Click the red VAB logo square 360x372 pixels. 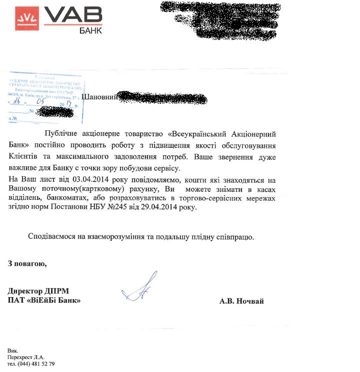pyautogui.click(x=26, y=18)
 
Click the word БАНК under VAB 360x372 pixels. pyautogui.click(x=90, y=30)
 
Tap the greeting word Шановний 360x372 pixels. pyautogui.click(x=99, y=97)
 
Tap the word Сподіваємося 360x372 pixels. pyautogui.click(x=51, y=237)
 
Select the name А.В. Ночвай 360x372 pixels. pyautogui.click(x=241, y=301)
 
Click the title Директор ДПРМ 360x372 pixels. pyautogui.click(x=38, y=291)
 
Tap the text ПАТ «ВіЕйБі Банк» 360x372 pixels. pyautogui.click(x=44, y=301)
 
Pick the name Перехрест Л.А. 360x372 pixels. pyautogui.click(x=26, y=357)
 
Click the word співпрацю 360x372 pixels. pyautogui.click(x=235, y=237)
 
